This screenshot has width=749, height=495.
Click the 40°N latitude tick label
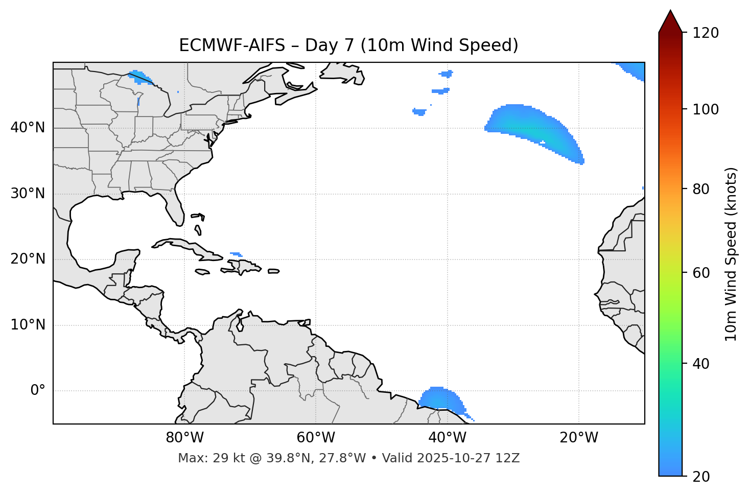(28, 128)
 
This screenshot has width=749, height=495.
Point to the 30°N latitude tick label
(28, 194)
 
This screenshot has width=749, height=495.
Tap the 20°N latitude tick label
(28, 259)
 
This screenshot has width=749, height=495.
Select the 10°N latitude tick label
(28, 325)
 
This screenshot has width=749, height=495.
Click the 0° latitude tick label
(38, 391)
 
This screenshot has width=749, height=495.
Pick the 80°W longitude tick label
(184, 438)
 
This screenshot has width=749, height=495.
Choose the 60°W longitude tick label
(316, 438)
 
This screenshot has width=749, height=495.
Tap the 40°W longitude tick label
(447, 438)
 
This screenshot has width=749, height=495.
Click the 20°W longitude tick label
(579, 438)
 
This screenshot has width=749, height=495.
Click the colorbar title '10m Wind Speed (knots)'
(731, 254)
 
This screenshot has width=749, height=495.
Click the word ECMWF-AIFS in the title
(232, 45)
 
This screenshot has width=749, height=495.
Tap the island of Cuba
(184, 246)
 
